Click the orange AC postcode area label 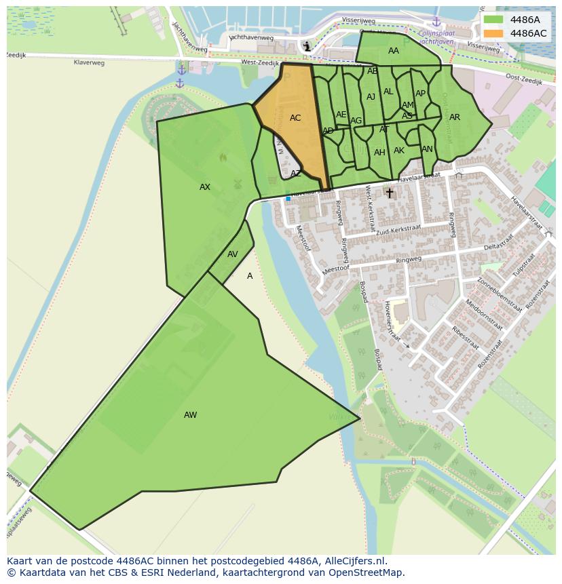pos(295,118)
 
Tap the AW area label pos(190,415)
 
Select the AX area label pos(205,187)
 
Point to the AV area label pos(233,254)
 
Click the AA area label pos(394,51)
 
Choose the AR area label pos(455,117)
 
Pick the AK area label pos(399,151)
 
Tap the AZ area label pos(295,174)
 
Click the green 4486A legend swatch pos(494,20)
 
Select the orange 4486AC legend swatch pos(494,33)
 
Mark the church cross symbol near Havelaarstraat pos(390,193)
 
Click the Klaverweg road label pos(90,62)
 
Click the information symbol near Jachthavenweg pos(307,46)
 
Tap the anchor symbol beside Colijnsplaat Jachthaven pos(436,22)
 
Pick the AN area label pos(427,149)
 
